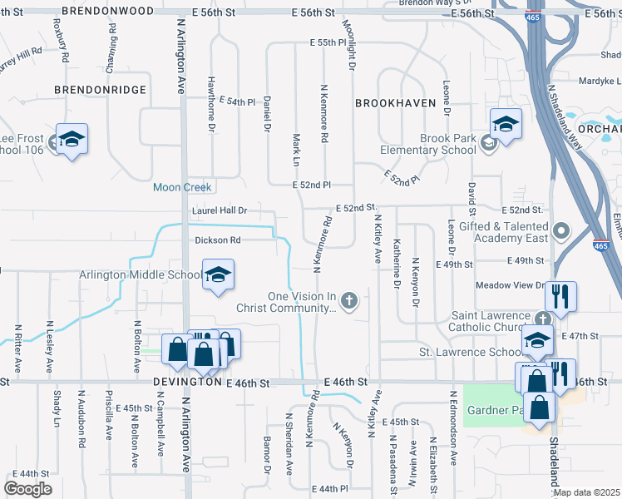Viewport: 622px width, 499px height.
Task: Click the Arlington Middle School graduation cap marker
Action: point(218,275)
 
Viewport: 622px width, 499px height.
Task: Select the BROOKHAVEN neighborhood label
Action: point(395,103)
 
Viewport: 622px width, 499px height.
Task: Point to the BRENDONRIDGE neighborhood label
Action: point(100,89)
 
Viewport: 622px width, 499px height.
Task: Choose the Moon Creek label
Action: point(182,187)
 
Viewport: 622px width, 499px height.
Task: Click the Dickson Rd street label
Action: point(217,240)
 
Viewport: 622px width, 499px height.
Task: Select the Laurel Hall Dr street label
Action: point(220,211)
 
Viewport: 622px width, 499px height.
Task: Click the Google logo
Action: point(27,489)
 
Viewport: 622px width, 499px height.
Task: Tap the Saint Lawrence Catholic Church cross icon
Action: point(542,318)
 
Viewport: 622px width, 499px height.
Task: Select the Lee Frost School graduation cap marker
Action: point(72,139)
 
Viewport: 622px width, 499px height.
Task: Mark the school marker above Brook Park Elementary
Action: point(505,124)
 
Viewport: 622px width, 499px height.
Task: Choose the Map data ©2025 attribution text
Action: point(585,492)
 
